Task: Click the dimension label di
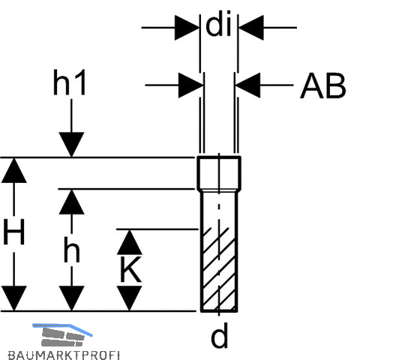(x=219, y=23)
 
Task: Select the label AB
(x=322, y=85)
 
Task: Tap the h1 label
(x=69, y=82)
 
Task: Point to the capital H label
(x=14, y=232)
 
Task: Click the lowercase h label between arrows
(x=72, y=250)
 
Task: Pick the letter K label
(x=130, y=269)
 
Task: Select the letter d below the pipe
(x=220, y=335)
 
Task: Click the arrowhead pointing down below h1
(x=71, y=144)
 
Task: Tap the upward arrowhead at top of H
(x=14, y=170)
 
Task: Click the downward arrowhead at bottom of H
(x=14, y=298)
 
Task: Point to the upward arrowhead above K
(x=130, y=242)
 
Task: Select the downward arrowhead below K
(x=130, y=298)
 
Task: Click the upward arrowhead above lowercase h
(x=71, y=202)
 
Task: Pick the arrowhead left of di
(x=187, y=28)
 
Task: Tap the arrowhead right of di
(x=251, y=28)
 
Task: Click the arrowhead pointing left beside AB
(x=248, y=85)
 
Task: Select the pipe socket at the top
(x=219, y=173)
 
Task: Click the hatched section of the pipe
(x=219, y=270)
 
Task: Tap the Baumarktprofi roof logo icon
(x=62, y=334)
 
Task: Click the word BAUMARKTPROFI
(x=64, y=355)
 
